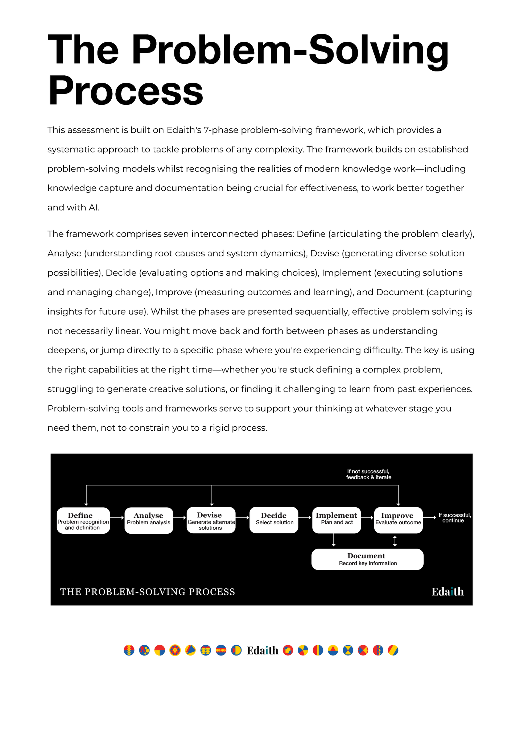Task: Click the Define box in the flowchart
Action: point(83,520)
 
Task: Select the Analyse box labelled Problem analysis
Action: point(149,520)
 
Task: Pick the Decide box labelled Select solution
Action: point(274,520)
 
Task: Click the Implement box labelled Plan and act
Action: point(336,520)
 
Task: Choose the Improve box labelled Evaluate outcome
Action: point(398,520)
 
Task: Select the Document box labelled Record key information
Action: point(367,559)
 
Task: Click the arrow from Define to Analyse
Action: point(117,518)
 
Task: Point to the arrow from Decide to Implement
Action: point(305,518)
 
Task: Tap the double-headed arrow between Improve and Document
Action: point(395,541)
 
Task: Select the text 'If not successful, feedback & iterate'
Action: point(368,474)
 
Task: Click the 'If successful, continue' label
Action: point(454,518)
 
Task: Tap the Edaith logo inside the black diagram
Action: point(447,592)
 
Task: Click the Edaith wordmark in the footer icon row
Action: point(262,650)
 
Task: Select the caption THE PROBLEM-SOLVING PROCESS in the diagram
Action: point(147,592)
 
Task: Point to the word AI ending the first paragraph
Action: point(93,207)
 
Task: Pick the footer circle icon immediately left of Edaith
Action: point(236,650)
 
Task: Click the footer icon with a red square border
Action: point(288,650)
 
